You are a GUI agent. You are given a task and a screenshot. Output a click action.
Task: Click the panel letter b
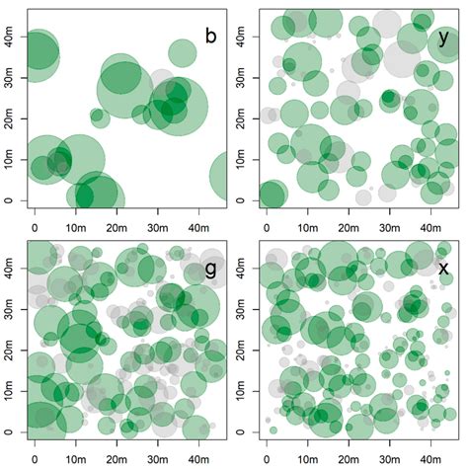coord(209,38)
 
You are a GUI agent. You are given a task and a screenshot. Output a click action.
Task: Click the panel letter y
coord(443,38)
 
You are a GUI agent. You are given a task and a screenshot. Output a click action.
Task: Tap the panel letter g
coord(209,270)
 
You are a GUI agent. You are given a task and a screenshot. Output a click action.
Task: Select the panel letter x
coord(443,270)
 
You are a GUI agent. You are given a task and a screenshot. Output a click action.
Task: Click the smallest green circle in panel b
coord(98,117)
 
